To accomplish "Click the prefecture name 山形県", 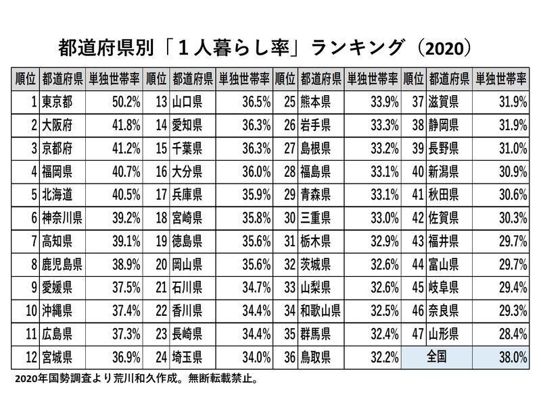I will [444, 333].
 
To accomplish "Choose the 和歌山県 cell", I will [321, 310].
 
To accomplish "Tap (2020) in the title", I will [446, 49].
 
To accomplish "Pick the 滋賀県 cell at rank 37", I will [444, 102].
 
